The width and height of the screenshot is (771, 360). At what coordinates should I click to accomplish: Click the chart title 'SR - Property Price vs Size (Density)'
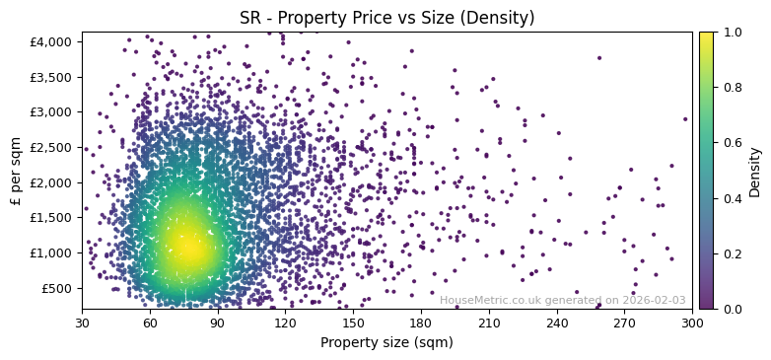coord(386,18)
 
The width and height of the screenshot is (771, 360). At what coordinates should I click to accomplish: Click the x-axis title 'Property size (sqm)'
coord(386,342)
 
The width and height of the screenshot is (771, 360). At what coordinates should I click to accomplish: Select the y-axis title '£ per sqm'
coord(15,171)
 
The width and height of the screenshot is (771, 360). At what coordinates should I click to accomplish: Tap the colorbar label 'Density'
coord(754,171)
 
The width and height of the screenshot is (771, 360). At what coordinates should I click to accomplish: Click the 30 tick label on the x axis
coord(82,322)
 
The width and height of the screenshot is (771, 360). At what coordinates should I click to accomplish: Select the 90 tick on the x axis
coord(218,322)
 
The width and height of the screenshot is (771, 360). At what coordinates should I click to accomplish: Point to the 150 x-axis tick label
coord(353,322)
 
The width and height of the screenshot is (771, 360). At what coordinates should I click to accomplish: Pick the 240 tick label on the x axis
coord(557,322)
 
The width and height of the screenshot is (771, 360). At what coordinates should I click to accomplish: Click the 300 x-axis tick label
coord(692,322)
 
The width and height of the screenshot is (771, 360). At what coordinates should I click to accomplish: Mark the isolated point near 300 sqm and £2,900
coord(685,118)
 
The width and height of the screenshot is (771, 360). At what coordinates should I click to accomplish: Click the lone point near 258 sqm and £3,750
coord(598,57)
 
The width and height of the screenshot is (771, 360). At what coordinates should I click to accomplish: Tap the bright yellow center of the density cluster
coord(185,249)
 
